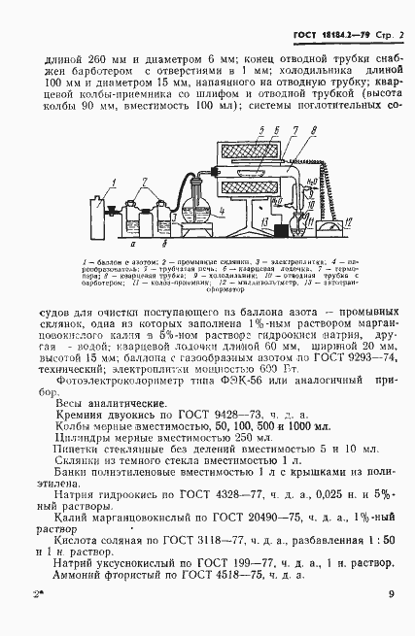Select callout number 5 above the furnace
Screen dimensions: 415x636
pos(252,130)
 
